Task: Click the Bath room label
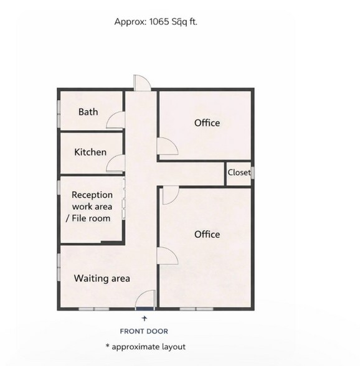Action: (x=88, y=112)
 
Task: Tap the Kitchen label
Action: (x=90, y=152)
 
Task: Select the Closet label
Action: (x=239, y=172)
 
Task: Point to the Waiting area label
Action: (x=102, y=278)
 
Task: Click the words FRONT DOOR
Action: (x=144, y=331)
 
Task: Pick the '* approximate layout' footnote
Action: (x=145, y=347)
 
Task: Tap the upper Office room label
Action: (x=207, y=123)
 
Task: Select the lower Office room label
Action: (x=207, y=234)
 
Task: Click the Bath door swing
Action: (x=115, y=120)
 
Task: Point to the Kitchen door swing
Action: (x=115, y=163)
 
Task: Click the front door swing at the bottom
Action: (x=145, y=299)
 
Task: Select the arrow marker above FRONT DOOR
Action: (x=144, y=318)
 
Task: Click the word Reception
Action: (x=92, y=195)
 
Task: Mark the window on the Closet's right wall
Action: (x=253, y=172)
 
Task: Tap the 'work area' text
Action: (x=92, y=206)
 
